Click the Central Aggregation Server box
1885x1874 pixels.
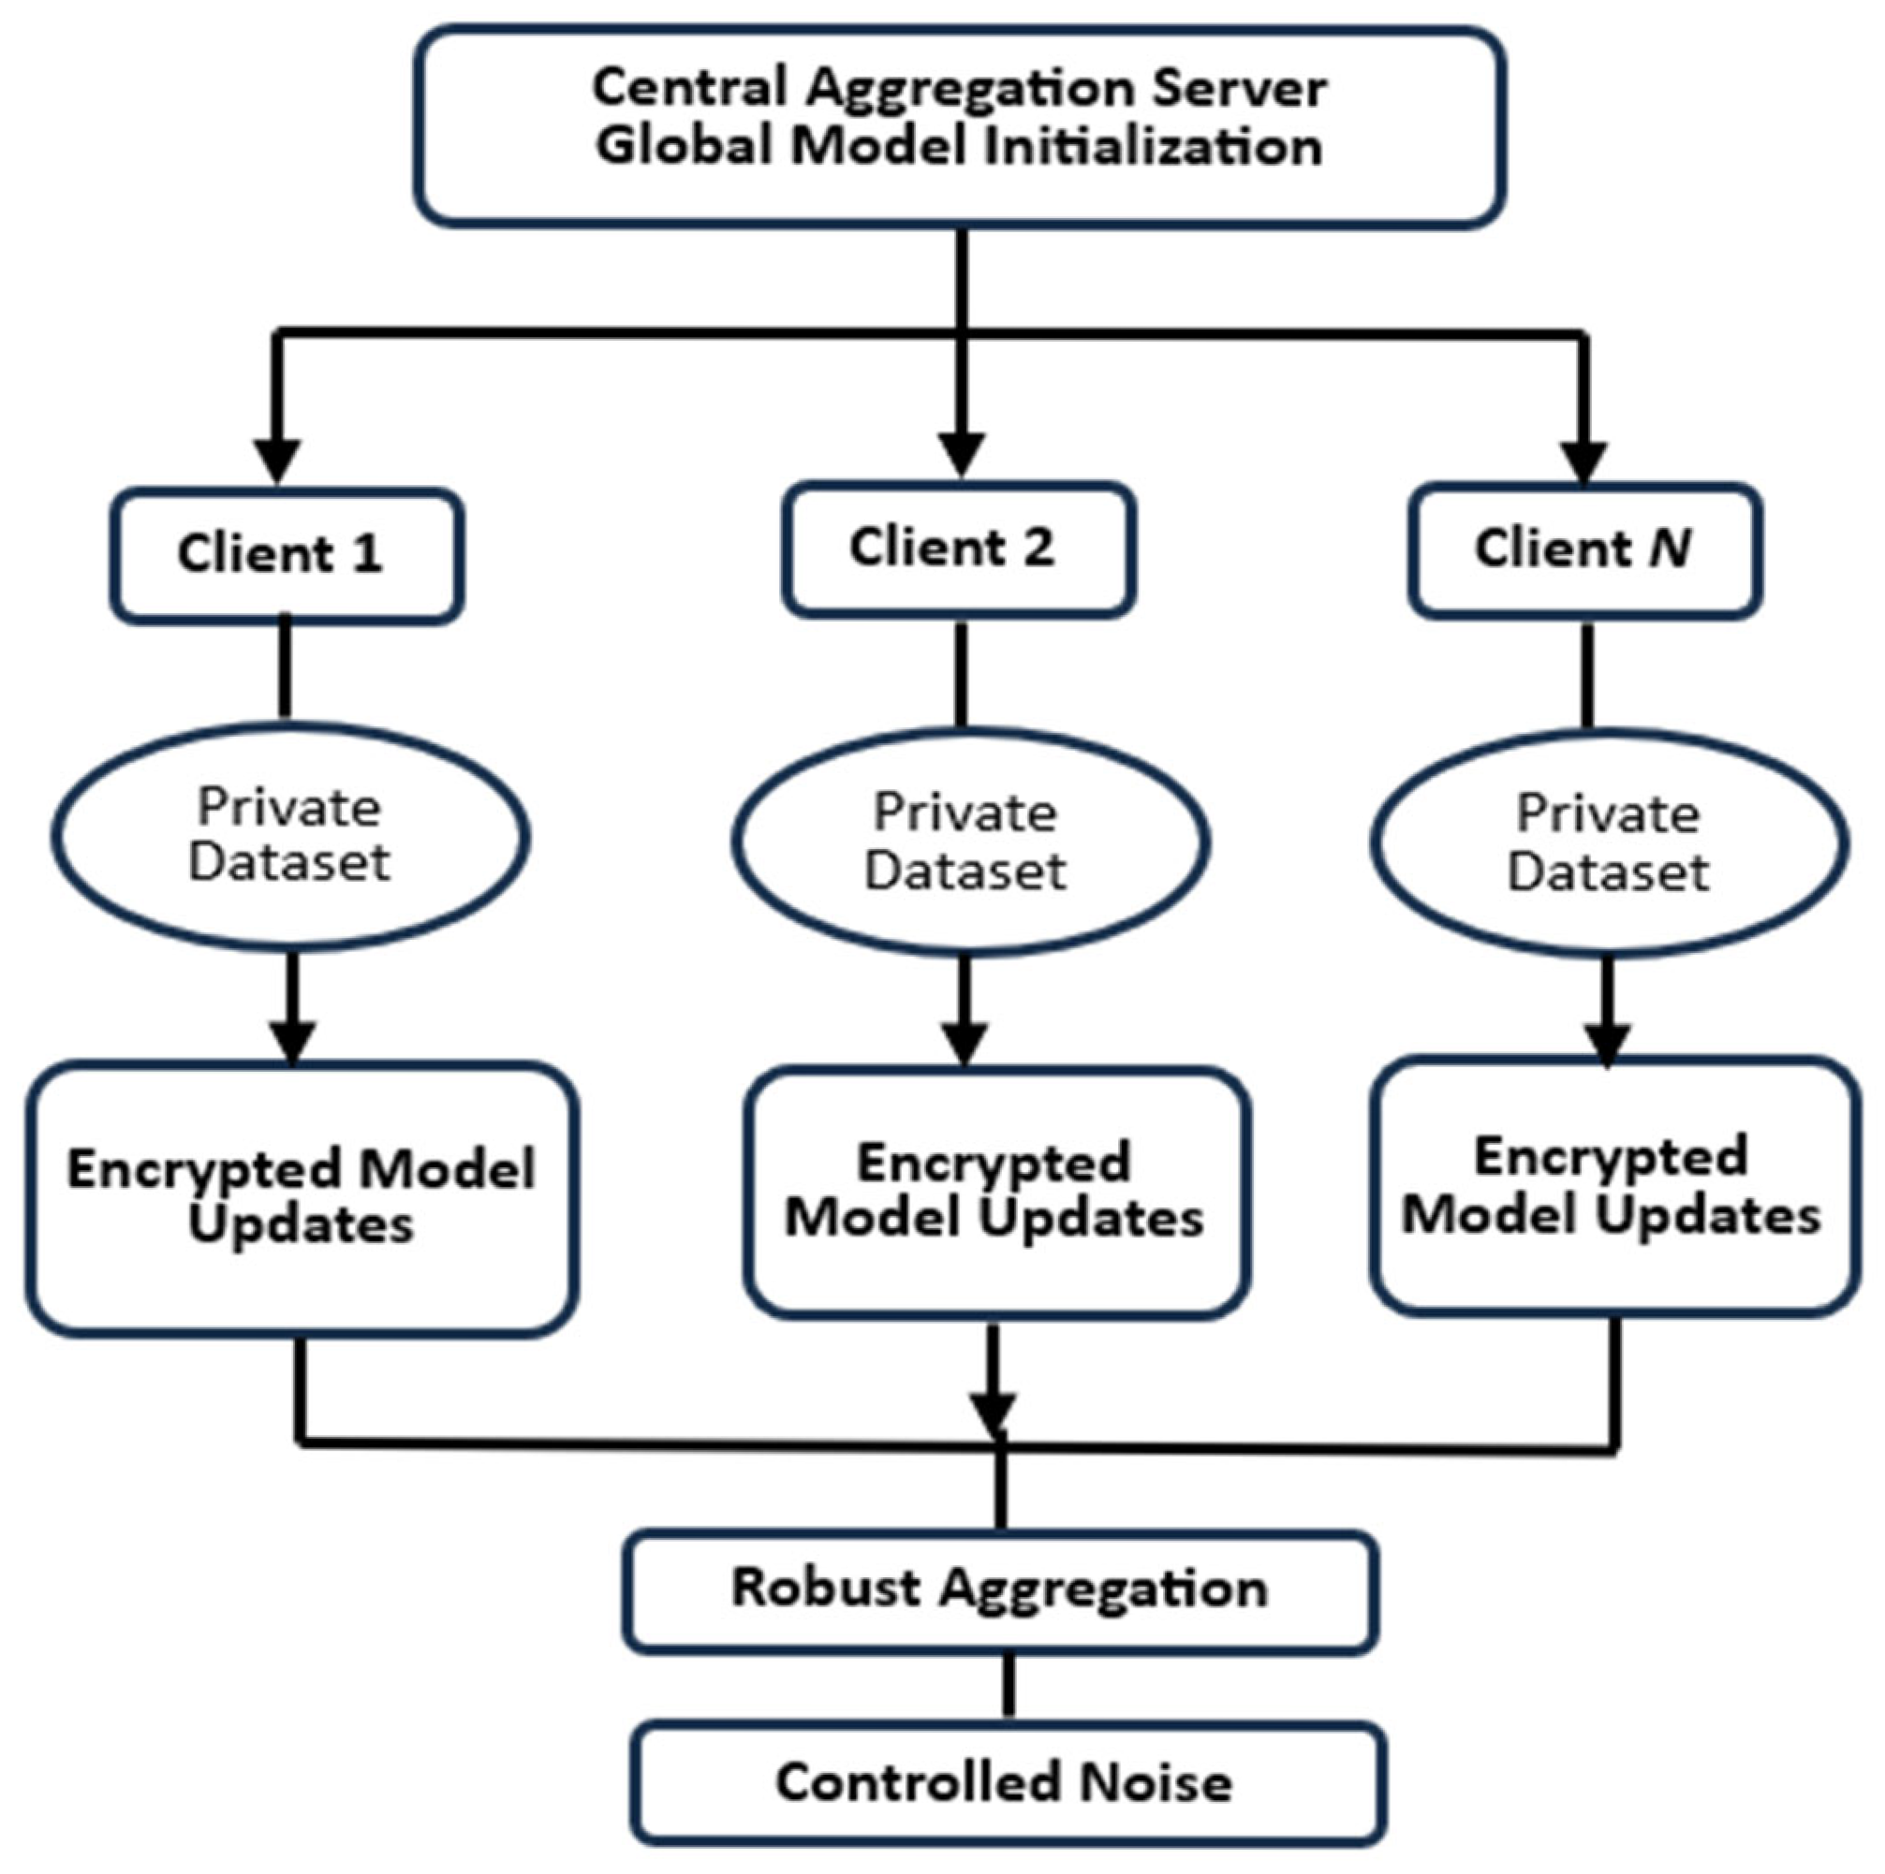click(960, 126)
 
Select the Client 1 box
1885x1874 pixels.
click(286, 555)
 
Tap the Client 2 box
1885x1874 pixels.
click(958, 549)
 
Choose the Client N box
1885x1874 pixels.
click(1584, 550)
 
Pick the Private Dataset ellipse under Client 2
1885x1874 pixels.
click(970, 842)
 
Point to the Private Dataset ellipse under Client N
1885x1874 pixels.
click(1609, 843)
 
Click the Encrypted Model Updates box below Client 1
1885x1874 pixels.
click(302, 1198)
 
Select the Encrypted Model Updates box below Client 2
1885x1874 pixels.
click(996, 1193)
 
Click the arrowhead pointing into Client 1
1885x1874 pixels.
click(277, 460)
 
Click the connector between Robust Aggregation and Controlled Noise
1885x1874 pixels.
click(1008, 1687)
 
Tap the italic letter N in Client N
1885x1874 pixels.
click(1671, 549)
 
